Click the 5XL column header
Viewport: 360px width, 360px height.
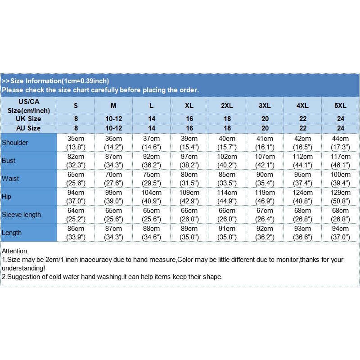340,106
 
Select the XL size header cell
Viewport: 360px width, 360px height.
189,106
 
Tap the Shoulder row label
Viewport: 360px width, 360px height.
15,143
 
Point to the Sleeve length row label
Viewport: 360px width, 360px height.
21,215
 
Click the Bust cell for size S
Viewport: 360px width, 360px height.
76,161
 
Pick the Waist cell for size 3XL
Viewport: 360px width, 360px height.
265,179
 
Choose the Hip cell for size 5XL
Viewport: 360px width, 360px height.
340,197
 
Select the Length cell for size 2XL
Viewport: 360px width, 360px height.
227,233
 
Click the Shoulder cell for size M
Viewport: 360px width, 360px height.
113,143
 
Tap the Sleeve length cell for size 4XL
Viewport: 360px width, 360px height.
302,215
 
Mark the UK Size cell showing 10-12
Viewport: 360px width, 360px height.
113,119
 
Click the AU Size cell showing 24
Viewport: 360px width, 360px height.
340,128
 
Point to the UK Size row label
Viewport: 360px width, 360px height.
29,119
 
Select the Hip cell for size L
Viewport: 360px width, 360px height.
151,197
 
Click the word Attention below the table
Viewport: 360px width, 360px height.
15,251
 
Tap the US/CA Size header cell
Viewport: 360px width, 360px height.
29,106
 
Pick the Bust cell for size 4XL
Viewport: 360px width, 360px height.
302,161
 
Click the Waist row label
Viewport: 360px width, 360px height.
11,179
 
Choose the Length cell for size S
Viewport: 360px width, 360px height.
76,233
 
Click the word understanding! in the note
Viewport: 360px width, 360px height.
23,268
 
